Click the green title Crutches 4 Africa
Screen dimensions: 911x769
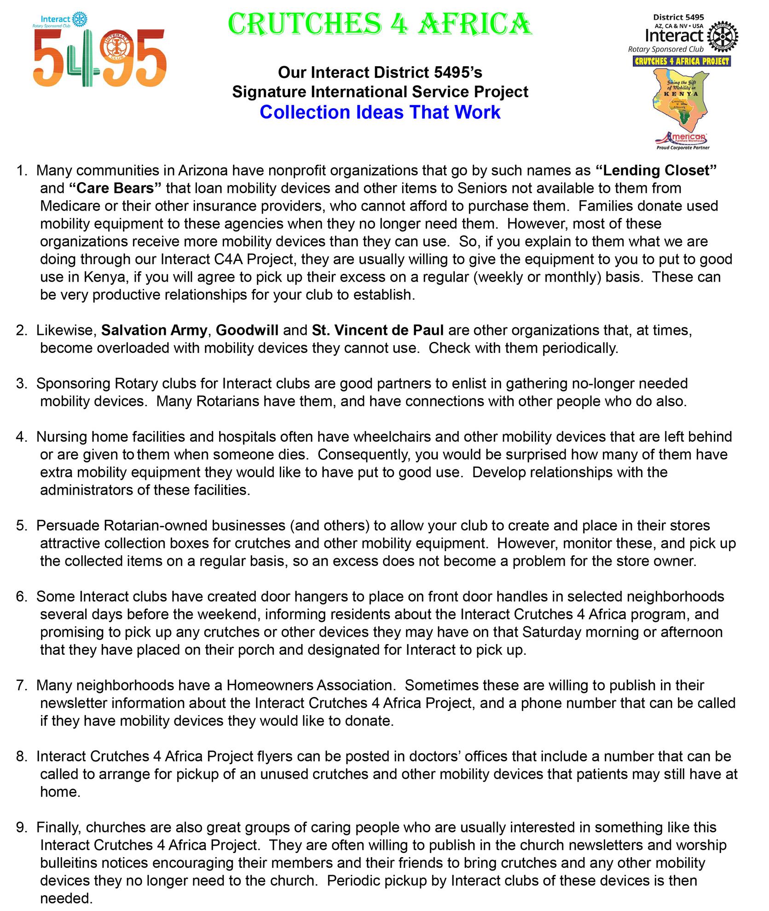coord(380,24)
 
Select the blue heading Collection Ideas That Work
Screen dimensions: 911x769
coord(380,112)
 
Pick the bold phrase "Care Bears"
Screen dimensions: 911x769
coord(115,188)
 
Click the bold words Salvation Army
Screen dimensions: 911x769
coord(154,330)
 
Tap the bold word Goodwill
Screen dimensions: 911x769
coord(247,330)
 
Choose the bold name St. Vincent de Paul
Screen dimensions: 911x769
coord(378,330)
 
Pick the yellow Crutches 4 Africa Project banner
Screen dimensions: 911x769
coord(682,61)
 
